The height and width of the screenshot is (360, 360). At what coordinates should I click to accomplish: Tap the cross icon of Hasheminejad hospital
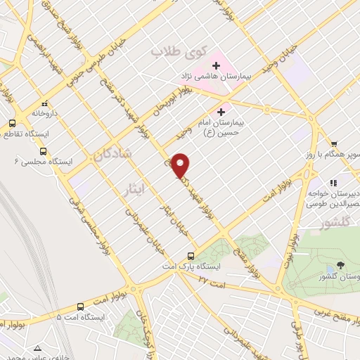(217, 66)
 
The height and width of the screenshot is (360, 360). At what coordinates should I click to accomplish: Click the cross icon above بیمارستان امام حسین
(221, 111)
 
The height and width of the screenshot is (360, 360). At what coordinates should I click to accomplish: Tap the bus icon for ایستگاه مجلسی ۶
(44, 151)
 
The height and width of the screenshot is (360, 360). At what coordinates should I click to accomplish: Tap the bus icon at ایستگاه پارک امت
(191, 257)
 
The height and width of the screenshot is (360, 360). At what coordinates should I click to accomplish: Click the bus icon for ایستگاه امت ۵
(80, 307)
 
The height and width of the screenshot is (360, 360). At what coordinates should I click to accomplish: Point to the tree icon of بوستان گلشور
(341, 265)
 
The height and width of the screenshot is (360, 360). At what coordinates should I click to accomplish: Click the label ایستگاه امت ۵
(81, 318)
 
